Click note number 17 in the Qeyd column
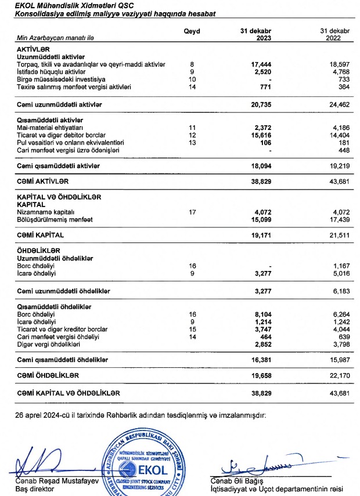click(193, 212)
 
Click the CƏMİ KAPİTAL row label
click(40, 236)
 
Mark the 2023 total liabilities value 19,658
click(261, 376)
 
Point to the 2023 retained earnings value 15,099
click(261, 220)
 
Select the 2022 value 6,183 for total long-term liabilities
click(340, 290)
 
